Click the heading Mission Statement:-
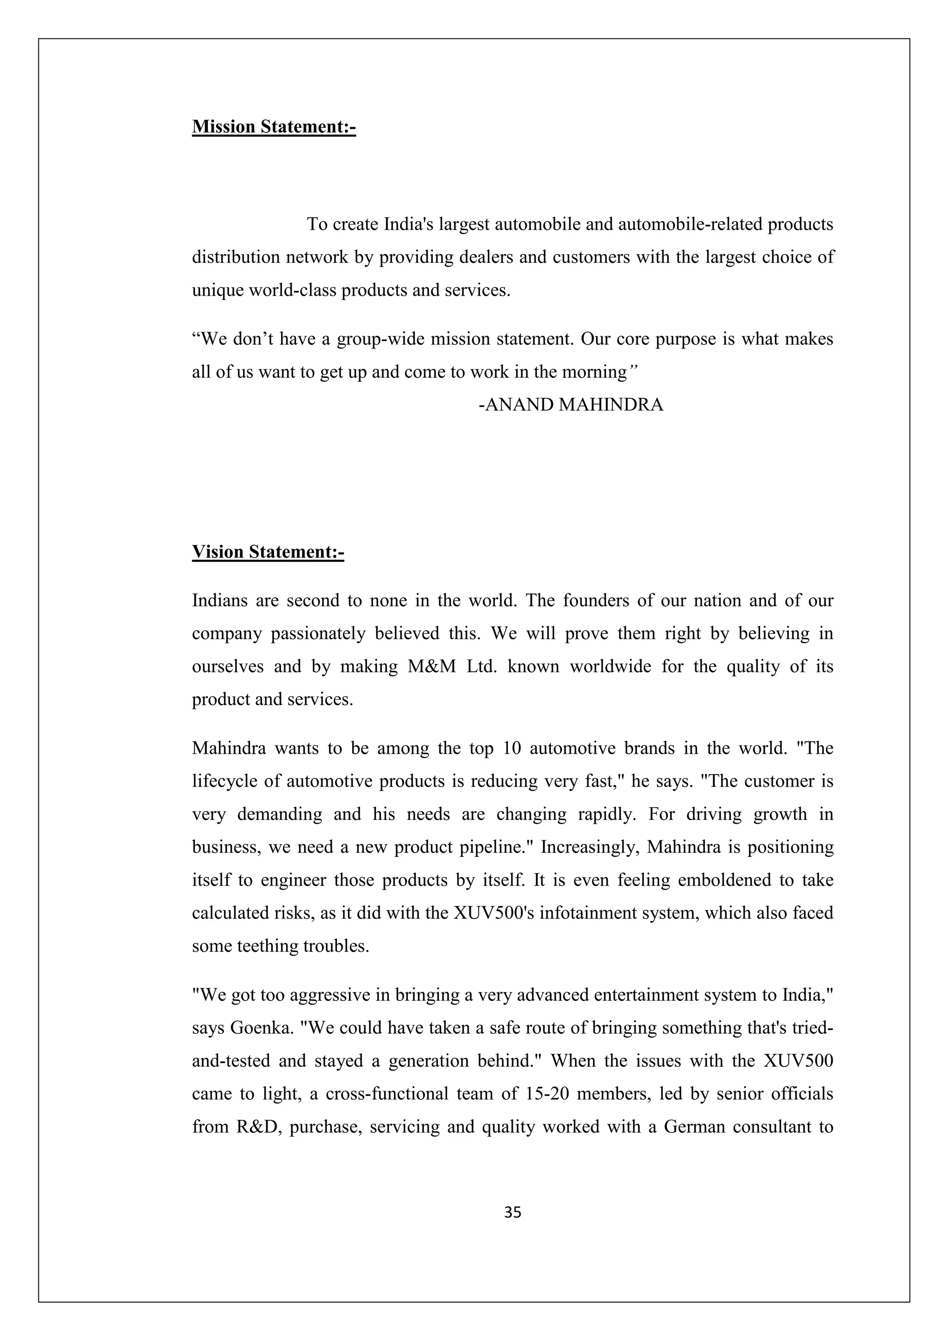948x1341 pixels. [x=274, y=127]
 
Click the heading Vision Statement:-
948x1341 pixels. [x=268, y=552]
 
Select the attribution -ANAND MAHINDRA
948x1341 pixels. [x=571, y=405]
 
